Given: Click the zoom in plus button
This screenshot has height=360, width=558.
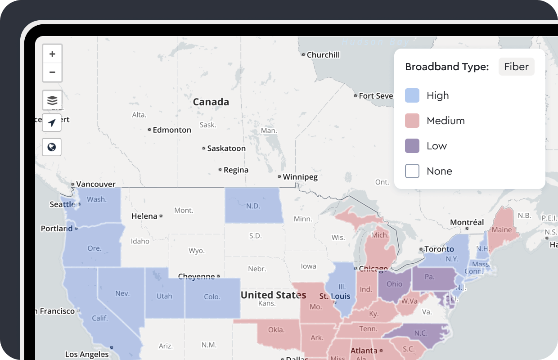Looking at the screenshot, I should [52, 54].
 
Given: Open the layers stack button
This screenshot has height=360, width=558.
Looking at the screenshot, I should [52, 100].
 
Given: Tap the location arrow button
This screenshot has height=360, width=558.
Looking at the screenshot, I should [52, 123].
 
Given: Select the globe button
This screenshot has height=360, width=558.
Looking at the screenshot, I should [52, 147].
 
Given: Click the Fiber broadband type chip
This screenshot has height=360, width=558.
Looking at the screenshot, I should [516, 67].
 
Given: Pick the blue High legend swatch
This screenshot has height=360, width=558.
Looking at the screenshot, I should [412, 95].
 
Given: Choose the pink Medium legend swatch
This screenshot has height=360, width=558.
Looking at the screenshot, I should [412, 121].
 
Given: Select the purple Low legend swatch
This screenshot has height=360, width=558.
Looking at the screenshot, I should [412, 146].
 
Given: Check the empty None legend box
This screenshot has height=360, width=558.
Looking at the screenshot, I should [412, 171].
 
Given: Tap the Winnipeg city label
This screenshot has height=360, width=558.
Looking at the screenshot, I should [300, 177].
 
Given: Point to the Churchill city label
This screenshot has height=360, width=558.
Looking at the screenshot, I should [323, 55].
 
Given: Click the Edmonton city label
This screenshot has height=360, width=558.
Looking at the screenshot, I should [172, 130].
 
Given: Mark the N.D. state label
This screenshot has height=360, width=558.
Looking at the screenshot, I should [253, 206].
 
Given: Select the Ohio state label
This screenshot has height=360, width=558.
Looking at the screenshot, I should [394, 284].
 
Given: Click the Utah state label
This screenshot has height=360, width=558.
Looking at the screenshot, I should [164, 296].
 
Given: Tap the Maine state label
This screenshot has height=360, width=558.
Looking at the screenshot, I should [501, 229].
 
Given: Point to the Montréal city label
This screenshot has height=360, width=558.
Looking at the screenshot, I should [467, 222].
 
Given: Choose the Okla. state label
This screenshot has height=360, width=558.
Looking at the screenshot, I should [276, 330].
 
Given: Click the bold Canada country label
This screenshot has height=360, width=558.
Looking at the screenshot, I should [211, 102].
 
